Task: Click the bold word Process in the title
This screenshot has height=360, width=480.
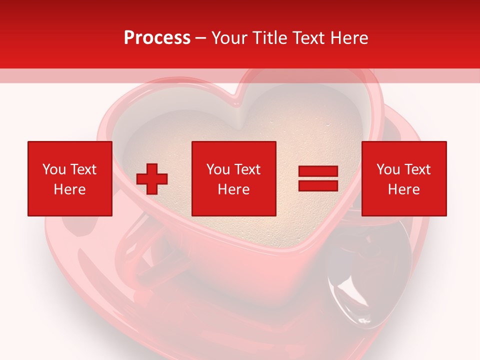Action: tap(157, 38)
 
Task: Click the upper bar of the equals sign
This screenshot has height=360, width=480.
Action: tap(318, 172)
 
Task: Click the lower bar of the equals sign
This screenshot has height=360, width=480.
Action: tap(318, 186)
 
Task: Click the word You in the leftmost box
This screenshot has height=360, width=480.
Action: tap(54, 169)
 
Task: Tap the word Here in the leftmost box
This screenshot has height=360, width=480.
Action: tap(69, 189)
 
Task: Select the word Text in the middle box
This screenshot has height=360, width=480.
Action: tap(247, 169)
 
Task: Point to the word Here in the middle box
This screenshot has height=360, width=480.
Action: tap(233, 189)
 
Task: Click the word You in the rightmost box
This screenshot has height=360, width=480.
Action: tap(388, 169)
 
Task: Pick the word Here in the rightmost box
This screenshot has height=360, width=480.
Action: tap(403, 189)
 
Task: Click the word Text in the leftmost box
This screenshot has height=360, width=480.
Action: tap(83, 169)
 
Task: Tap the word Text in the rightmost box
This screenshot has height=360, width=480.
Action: tap(417, 169)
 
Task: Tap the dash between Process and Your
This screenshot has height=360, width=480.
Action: tap(200, 38)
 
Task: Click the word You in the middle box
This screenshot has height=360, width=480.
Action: tap(218, 169)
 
